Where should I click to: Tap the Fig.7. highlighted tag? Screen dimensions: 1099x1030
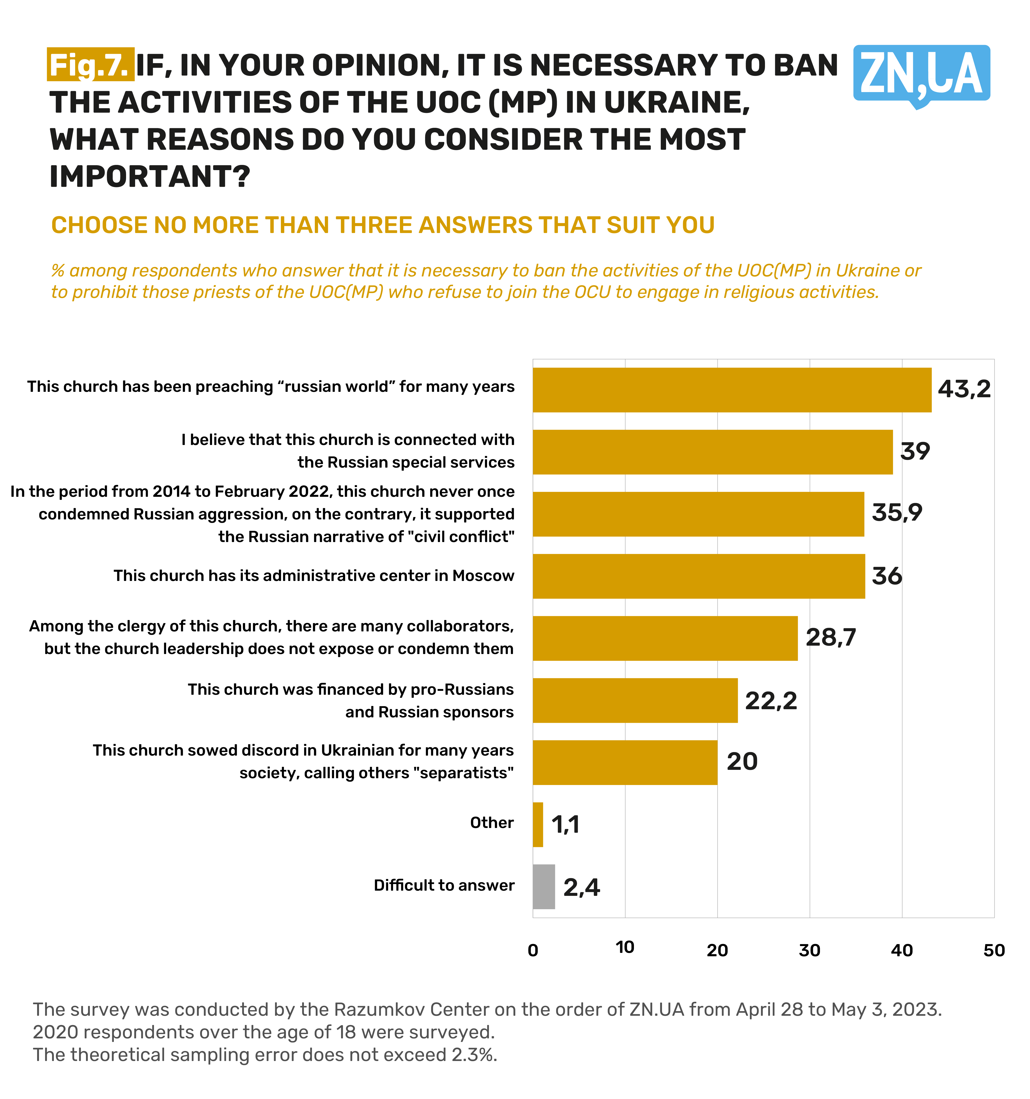click(x=90, y=65)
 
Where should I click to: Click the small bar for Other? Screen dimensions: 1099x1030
click(x=538, y=824)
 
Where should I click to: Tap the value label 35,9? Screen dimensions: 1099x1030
click(x=897, y=512)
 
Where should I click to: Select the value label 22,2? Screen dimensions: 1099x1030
click(x=771, y=700)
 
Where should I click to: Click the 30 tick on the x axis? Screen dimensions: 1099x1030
click(x=809, y=950)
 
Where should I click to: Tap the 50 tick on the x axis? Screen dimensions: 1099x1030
click(x=994, y=950)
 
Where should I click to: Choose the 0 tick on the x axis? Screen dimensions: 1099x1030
click(x=533, y=950)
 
